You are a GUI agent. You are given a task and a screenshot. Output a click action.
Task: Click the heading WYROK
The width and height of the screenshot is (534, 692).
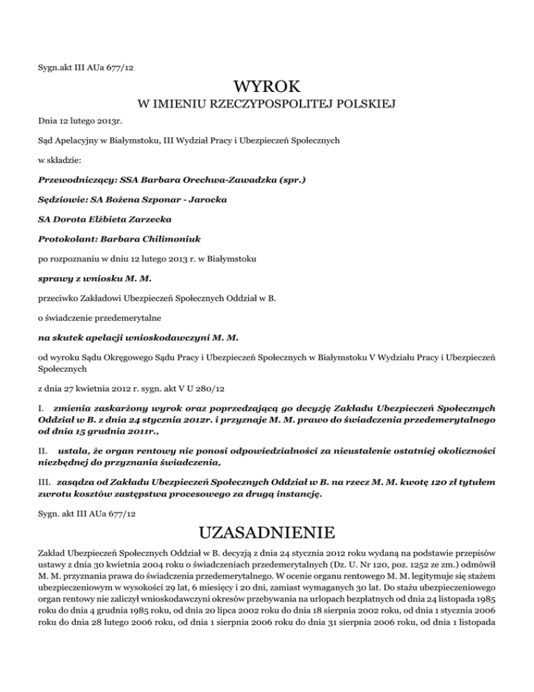pyautogui.click(x=267, y=88)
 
